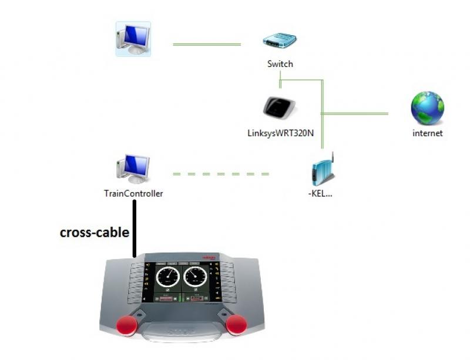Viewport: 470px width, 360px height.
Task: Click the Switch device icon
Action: (x=280, y=41)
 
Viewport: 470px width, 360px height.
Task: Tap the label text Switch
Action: (x=280, y=63)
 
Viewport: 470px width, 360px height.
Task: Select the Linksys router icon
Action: (x=280, y=107)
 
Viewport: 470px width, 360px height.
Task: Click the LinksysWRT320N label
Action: (x=280, y=133)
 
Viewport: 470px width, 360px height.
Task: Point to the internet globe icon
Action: (x=427, y=108)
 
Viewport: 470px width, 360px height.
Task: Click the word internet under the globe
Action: (x=427, y=133)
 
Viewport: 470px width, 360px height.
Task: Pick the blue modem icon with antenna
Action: (x=321, y=170)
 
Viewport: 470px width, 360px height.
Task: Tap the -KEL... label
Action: (x=320, y=193)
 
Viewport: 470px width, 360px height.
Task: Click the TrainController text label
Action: (x=133, y=193)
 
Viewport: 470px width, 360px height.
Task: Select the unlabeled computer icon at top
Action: (x=133, y=39)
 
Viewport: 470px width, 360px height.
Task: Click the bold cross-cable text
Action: (x=95, y=233)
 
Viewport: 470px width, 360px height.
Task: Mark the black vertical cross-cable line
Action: (x=135, y=229)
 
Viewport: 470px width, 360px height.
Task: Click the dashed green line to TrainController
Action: (x=221, y=174)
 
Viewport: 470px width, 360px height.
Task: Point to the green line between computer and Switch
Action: (x=207, y=45)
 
